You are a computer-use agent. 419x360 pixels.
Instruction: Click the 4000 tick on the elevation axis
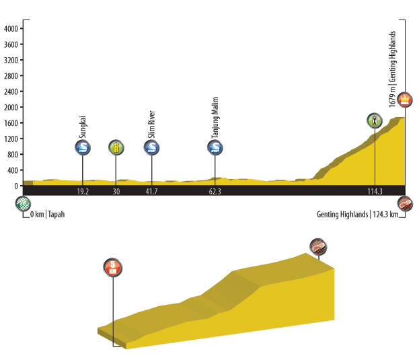pyautogui.click(x=10, y=29)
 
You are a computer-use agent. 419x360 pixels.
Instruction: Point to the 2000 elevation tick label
pyautogui.click(x=10, y=108)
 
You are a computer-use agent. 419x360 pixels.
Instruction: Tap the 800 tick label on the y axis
pyautogui.click(x=12, y=155)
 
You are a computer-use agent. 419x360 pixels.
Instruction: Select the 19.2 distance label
pyautogui.click(x=83, y=192)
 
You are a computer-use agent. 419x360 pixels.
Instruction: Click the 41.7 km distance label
pyautogui.click(x=152, y=192)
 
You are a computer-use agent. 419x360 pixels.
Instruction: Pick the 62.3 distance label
pyautogui.click(x=215, y=192)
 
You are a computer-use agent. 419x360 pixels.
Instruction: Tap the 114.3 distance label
pyautogui.click(x=375, y=192)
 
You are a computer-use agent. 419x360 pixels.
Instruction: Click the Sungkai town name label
pyautogui.click(x=83, y=127)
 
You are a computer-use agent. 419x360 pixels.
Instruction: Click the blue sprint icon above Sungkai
pyautogui.click(x=83, y=148)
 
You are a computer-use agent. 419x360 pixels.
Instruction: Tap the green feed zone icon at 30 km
pyautogui.click(x=116, y=148)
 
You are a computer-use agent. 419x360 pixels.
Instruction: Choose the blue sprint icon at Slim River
pyautogui.click(x=152, y=148)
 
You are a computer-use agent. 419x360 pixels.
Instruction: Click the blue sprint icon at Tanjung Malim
pyautogui.click(x=215, y=148)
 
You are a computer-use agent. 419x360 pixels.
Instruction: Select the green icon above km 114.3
pyautogui.click(x=375, y=121)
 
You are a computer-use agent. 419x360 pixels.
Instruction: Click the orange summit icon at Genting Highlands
pyautogui.click(x=405, y=100)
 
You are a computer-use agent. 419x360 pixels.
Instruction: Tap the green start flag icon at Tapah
pyautogui.click(x=24, y=203)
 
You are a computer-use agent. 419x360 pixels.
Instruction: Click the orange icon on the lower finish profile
pyautogui.click(x=113, y=266)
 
